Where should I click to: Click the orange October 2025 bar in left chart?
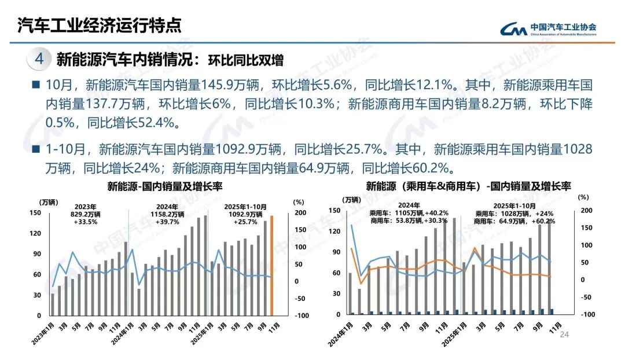click(x=271, y=266)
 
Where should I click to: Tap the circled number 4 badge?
click(x=39, y=59)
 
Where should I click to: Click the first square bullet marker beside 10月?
click(x=36, y=85)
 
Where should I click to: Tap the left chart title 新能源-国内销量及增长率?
click(x=165, y=186)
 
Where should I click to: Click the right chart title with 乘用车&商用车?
click(x=468, y=186)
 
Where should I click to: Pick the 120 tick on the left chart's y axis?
click(x=36, y=233)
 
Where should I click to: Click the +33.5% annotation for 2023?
click(x=85, y=222)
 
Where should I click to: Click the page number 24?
click(x=565, y=335)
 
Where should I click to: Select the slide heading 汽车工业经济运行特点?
click(x=98, y=25)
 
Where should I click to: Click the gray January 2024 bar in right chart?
click(x=350, y=294)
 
